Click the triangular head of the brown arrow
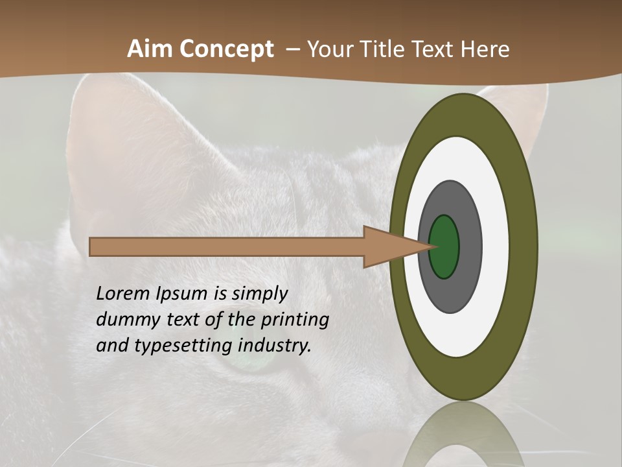tap(389, 246)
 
